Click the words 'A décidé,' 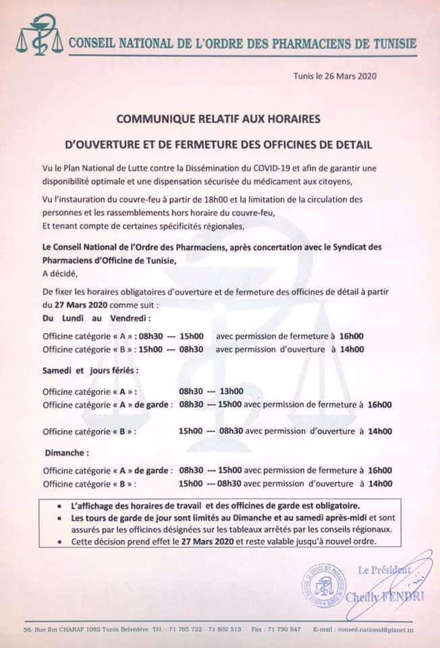point(61,273)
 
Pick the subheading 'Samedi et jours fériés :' point(91,371)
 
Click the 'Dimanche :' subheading point(67,453)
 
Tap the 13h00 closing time point(231,391)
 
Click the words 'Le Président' point(383,570)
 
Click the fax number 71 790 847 point(284,629)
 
